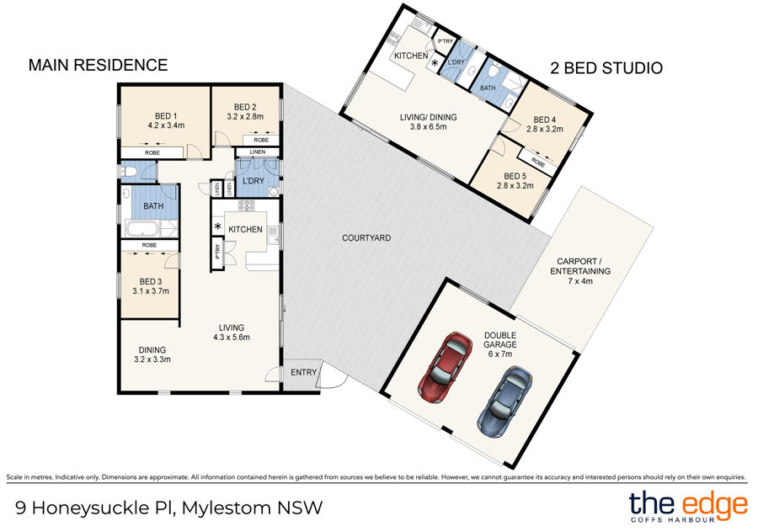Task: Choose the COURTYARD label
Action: (x=366, y=238)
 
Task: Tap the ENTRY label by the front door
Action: (x=303, y=372)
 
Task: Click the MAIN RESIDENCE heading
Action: (x=99, y=65)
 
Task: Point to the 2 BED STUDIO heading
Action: (x=606, y=68)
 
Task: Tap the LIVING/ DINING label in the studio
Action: (x=428, y=121)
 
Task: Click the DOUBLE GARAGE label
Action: (x=500, y=339)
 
